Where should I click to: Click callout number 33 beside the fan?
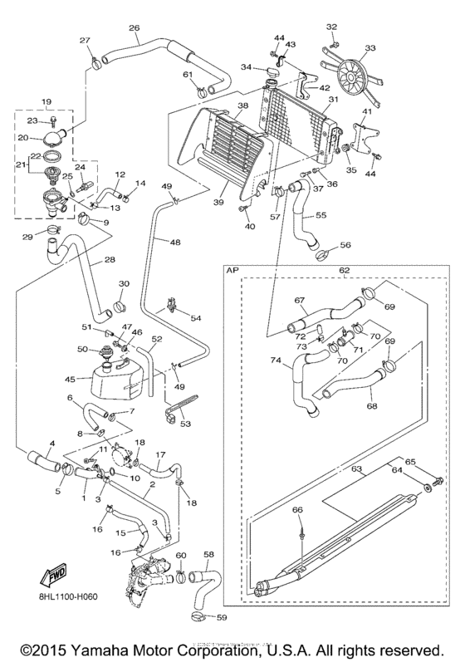(x=370, y=47)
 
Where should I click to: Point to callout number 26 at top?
(x=134, y=28)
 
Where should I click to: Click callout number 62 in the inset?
(x=345, y=270)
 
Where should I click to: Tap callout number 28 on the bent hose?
(x=110, y=260)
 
